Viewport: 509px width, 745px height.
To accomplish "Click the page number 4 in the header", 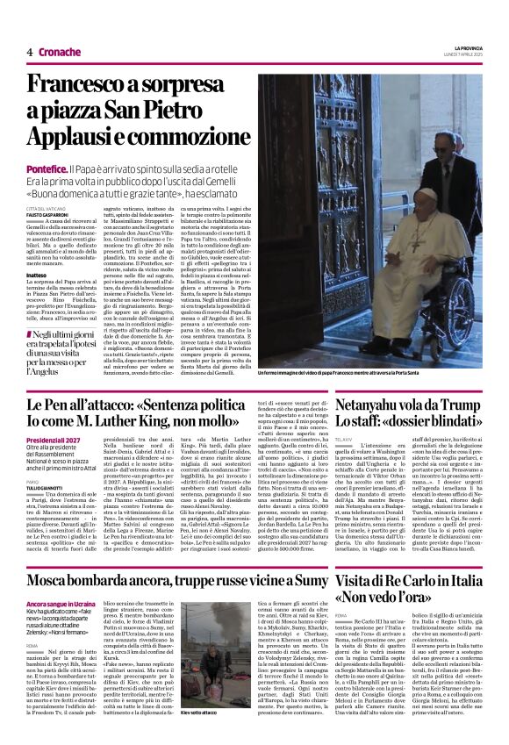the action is coord(30,53).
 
